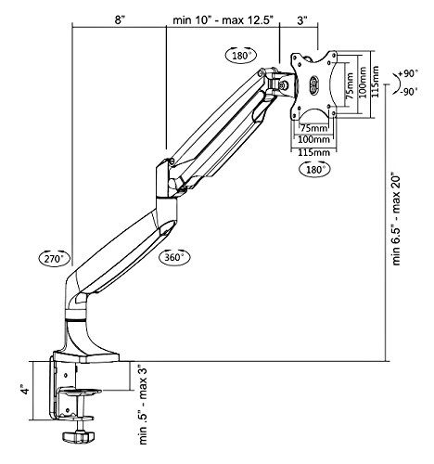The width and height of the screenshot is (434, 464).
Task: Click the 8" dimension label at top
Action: [x=120, y=20]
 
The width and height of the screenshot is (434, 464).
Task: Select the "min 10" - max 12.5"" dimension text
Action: [x=223, y=20]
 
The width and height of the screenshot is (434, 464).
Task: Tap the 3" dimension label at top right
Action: [x=302, y=20]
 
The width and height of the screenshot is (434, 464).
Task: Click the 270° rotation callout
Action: [x=55, y=258]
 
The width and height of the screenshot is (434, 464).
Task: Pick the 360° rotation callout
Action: [x=174, y=257]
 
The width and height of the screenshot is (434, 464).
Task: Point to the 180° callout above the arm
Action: [x=241, y=56]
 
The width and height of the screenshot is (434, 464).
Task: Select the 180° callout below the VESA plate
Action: [x=314, y=169]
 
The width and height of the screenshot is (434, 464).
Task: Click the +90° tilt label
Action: [x=408, y=73]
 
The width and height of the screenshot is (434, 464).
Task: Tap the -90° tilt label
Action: [x=408, y=92]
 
